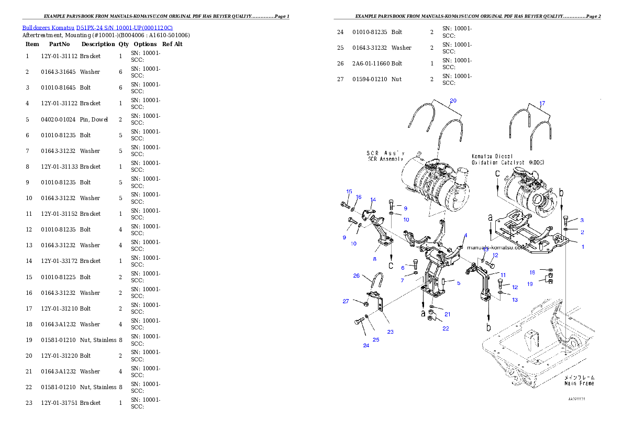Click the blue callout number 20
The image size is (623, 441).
pos(453,100)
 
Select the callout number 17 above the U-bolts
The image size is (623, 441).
pos(542,103)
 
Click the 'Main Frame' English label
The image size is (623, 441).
pos(578,383)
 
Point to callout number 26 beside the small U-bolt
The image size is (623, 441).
pos(356,275)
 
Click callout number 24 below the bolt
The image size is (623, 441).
pos(366,345)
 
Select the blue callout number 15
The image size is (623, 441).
pos(349,192)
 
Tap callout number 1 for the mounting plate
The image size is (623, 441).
pos(583,247)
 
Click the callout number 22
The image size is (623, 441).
pos(446,328)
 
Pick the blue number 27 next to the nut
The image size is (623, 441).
pos(346,301)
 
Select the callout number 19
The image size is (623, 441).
pos(530,284)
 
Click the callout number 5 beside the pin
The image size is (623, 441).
pos(458,283)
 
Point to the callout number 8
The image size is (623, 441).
pos(374,259)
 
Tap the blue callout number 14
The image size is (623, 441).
pos(373,200)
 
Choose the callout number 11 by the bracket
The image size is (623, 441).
pos(503,275)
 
